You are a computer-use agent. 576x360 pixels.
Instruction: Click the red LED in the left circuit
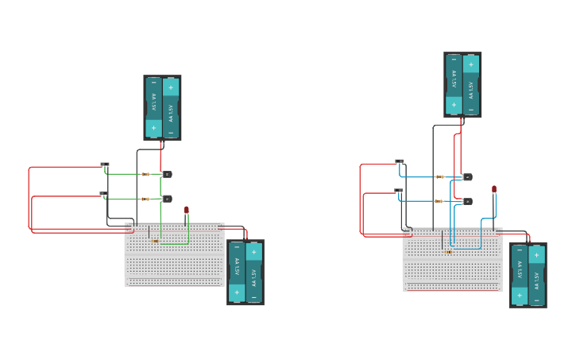(187, 211)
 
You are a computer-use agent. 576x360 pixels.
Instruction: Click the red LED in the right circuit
(494, 189)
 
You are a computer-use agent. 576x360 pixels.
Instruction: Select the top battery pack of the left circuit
(162, 107)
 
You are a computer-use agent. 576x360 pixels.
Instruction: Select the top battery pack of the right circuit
(462, 84)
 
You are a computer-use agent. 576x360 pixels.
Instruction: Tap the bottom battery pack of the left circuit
(245, 272)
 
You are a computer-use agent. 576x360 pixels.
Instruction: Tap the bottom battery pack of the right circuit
(528, 275)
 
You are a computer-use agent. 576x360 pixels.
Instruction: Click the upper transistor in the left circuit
(167, 174)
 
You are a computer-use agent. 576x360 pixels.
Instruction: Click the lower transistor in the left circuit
(167, 199)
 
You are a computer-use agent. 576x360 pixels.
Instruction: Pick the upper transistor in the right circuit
(467, 177)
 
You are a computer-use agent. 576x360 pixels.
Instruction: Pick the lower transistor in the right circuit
(467, 201)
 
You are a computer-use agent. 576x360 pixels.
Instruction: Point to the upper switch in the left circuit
(105, 165)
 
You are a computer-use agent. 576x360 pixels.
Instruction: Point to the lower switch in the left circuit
(104, 193)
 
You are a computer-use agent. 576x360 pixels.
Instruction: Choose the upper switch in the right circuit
(400, 161)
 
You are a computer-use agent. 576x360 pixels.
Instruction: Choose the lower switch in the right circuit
(399, 191)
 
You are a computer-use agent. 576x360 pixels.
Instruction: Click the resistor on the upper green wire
(145, 174)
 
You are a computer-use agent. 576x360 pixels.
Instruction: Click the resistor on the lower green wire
(145, 199)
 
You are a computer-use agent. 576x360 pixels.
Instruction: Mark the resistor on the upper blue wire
(439, 176)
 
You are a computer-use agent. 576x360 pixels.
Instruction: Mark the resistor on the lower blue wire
(439, 201)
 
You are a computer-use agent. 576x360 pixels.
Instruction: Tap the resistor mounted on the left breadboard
(154, 241)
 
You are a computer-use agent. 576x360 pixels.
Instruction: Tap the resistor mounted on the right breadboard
(448, 252)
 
